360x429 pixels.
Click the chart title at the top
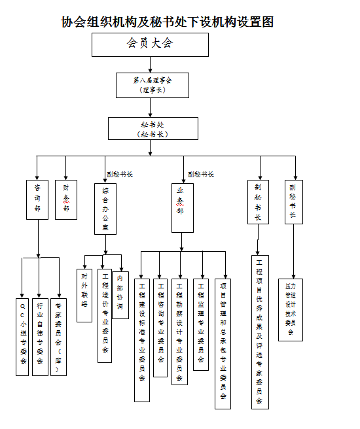click(167, 22)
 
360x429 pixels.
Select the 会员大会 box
click(150, 44)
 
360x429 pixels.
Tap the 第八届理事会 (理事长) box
click(153, 84)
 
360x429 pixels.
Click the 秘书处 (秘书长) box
click(153, 128)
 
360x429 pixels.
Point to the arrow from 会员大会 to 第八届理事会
click(151, 64)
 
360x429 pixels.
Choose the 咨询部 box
click(37, 199)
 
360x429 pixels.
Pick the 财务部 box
click(66, 199)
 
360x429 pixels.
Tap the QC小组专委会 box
click(24, 336)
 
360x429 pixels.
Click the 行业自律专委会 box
click(41, 336)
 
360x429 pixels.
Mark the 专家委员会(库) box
click(58, 336)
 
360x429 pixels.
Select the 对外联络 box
click(84, 296)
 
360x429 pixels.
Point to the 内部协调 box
click(120, 295)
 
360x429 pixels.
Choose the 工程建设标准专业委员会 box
click(142, 340)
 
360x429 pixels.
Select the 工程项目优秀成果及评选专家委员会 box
click(260, 332)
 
